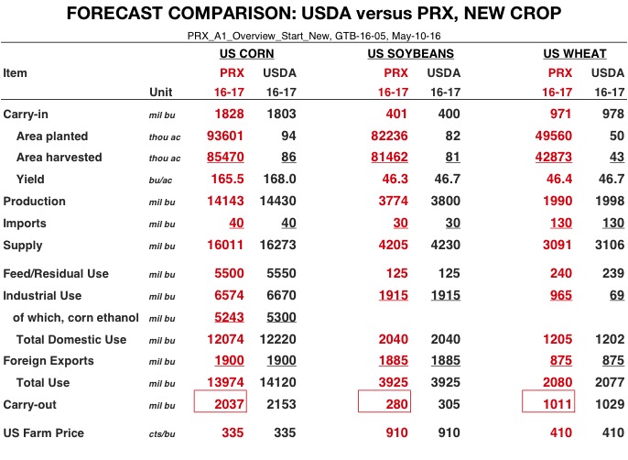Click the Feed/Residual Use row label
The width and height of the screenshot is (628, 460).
[56, 274]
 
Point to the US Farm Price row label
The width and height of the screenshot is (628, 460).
[43, 433]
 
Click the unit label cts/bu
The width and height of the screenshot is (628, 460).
[163, 433]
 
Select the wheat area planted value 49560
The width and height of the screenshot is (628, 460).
[554, 136]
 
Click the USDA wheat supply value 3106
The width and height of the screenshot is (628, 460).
[607, 245]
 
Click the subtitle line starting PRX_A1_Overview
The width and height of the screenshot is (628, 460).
[314, 34]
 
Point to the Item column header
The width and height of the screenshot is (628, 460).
[16, 71]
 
